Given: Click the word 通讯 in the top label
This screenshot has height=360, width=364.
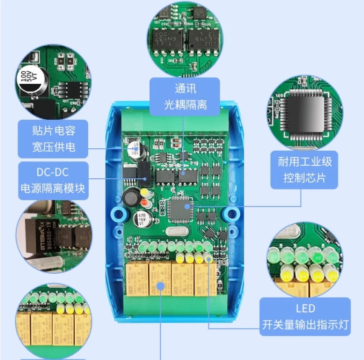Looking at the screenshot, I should [x=184, y=89].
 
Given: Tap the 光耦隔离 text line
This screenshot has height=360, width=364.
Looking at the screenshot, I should [x=184, y=104].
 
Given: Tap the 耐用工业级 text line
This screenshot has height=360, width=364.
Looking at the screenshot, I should [x=305, y=161].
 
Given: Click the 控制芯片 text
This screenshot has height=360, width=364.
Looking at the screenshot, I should [x=305, y=178].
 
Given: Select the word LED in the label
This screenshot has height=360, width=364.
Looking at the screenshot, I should [x=305, y=308].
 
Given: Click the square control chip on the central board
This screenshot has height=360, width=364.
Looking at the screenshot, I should [x=180, y=209].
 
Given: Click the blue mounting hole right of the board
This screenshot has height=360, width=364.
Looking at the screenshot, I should [x=232, y=214].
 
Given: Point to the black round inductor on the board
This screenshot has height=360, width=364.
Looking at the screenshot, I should [x=130, y=197].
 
